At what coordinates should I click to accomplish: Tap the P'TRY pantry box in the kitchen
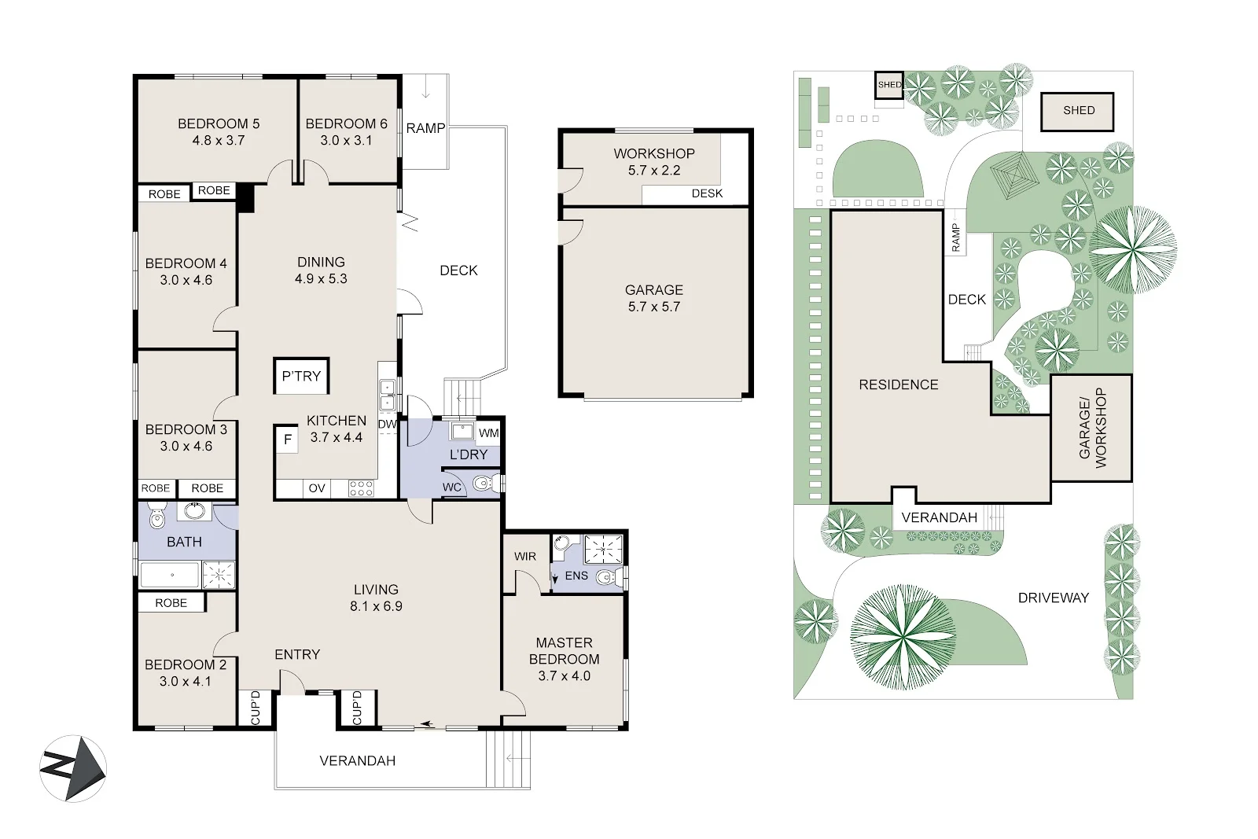pos(301,376)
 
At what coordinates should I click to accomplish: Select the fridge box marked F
pos(288,440)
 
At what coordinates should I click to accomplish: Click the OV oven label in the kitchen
pos(317,488)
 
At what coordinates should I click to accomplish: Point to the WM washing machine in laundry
pos(488,433)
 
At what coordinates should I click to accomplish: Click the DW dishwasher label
pos(387,425)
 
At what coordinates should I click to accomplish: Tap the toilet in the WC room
pos(484,483)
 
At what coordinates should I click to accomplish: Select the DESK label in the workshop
pos(707,193)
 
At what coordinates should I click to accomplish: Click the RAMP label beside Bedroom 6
pos(425,128)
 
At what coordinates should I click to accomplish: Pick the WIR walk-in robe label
pos(525,556)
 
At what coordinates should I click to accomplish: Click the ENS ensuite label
pos(576,576)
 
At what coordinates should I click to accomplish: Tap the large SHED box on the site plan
pos(1078,111)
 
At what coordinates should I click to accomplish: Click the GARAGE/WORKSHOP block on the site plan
pos(1091,428)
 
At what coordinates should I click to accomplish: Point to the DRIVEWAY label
pos(1053,598)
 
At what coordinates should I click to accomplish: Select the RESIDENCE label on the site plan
pos(898,385)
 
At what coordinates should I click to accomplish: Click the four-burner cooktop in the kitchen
pos(361,488)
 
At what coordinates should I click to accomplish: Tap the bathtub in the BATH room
pos(171,576)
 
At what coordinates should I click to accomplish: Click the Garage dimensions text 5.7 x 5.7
pos(653,307)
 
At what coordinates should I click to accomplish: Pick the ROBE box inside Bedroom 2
pos(171,603)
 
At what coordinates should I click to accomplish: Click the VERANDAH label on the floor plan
pos(357,760)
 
